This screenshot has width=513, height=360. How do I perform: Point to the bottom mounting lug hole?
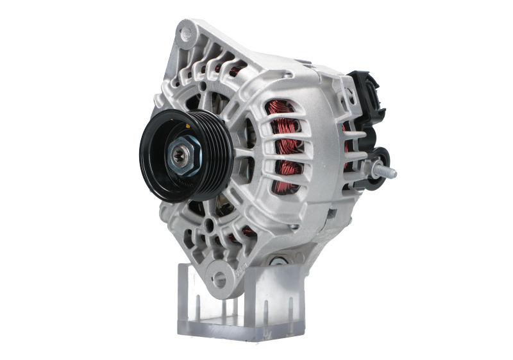coord(220,278)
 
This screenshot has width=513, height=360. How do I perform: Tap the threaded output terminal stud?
coord(387,172)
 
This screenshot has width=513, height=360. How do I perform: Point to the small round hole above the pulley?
coord(203,85)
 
